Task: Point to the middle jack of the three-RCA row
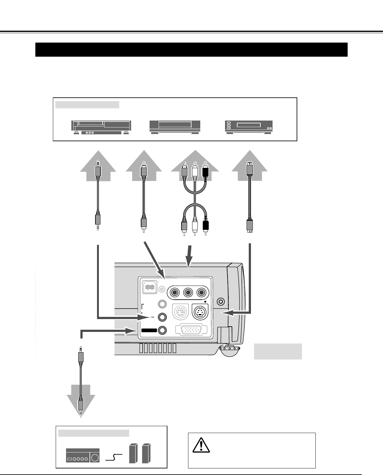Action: point(188,293)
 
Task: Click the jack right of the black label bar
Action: point(162,330)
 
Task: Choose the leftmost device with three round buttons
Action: point(101,128)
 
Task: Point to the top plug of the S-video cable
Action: point(249,169)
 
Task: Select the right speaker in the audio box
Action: point(145,453)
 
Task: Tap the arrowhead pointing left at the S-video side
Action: point(225,312)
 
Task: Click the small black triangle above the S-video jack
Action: point(205,302)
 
